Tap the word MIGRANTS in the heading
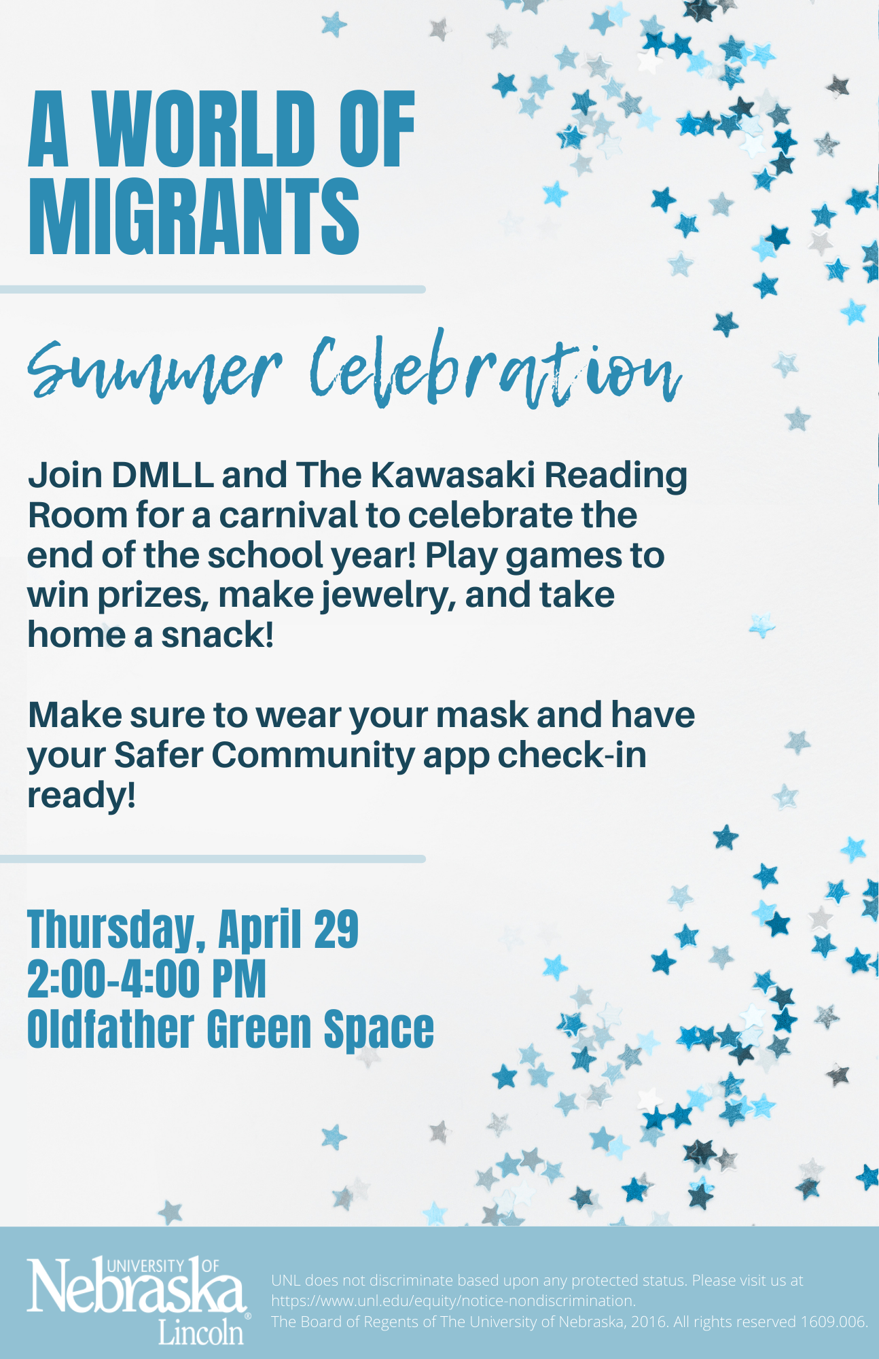[x=194, y=217]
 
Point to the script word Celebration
[x=495, y=370]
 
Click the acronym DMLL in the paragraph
[x=162, y=475]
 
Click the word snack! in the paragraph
[x=217, y=635]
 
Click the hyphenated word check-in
[x=571, y=755]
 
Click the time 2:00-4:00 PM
[x=147, y=979]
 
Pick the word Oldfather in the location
[x=111, y=1029]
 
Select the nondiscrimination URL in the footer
[x=454, y=1301]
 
